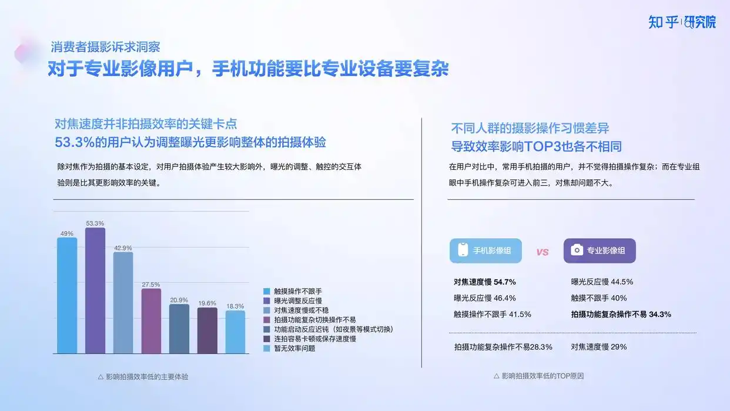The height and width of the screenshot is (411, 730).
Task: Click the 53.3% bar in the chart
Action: pyautogui.click(x=95, y=290)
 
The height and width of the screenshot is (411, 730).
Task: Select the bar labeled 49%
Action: pyautogui.click(x=67, y=296)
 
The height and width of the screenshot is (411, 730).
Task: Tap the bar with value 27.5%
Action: pyautogui.click(x=151, y=321)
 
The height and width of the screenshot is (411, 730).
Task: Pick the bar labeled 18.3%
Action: pyautogui.click(x=235, y=332)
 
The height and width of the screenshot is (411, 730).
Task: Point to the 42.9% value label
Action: pyautogui.click(x=123, y=248)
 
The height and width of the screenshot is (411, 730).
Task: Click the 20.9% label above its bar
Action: pyautogui.click(x=179, y=300)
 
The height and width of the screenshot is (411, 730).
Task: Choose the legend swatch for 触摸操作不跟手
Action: pyautogui.click(x=267, y=291)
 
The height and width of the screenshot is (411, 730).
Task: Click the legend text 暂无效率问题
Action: pyautogui.click(x=294, y=349)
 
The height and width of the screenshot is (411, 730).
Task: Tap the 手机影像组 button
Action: pyautogui.click(x=485, y=250)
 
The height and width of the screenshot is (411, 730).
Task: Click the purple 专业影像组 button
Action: pyautogui.click(x=600, y=250)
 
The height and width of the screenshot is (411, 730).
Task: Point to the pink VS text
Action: pyautogui.click(x=543, y=252)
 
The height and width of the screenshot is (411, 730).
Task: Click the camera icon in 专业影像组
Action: pyautogui.click(x=577, y=250)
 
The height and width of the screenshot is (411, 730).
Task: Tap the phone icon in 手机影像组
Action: pyautogui.click(x=463, y=250)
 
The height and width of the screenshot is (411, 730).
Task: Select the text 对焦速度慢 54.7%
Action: pyautogui.click(x=484, y=282)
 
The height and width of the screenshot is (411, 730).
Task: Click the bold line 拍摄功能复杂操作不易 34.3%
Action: pyautogui.click(x=621, y=315)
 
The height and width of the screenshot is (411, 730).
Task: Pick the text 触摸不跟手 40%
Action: pyautogui.click(x=599, y=298)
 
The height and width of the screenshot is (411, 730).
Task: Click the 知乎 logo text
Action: pyautogui.click(x=663, y=22)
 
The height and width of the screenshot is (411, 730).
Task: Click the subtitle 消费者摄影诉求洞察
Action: pyautogui.click(x=105, y=47)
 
